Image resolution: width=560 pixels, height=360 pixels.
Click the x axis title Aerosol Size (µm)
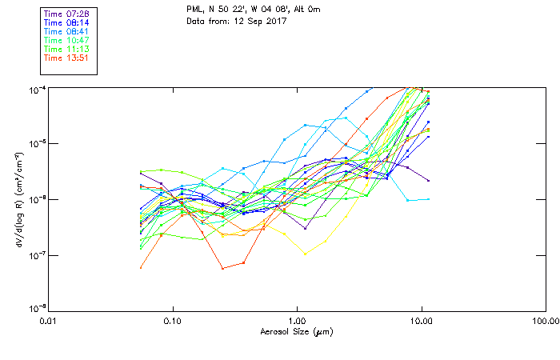297,331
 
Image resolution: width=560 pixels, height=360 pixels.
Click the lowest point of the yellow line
305,254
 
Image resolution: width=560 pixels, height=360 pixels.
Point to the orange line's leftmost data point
141,267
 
